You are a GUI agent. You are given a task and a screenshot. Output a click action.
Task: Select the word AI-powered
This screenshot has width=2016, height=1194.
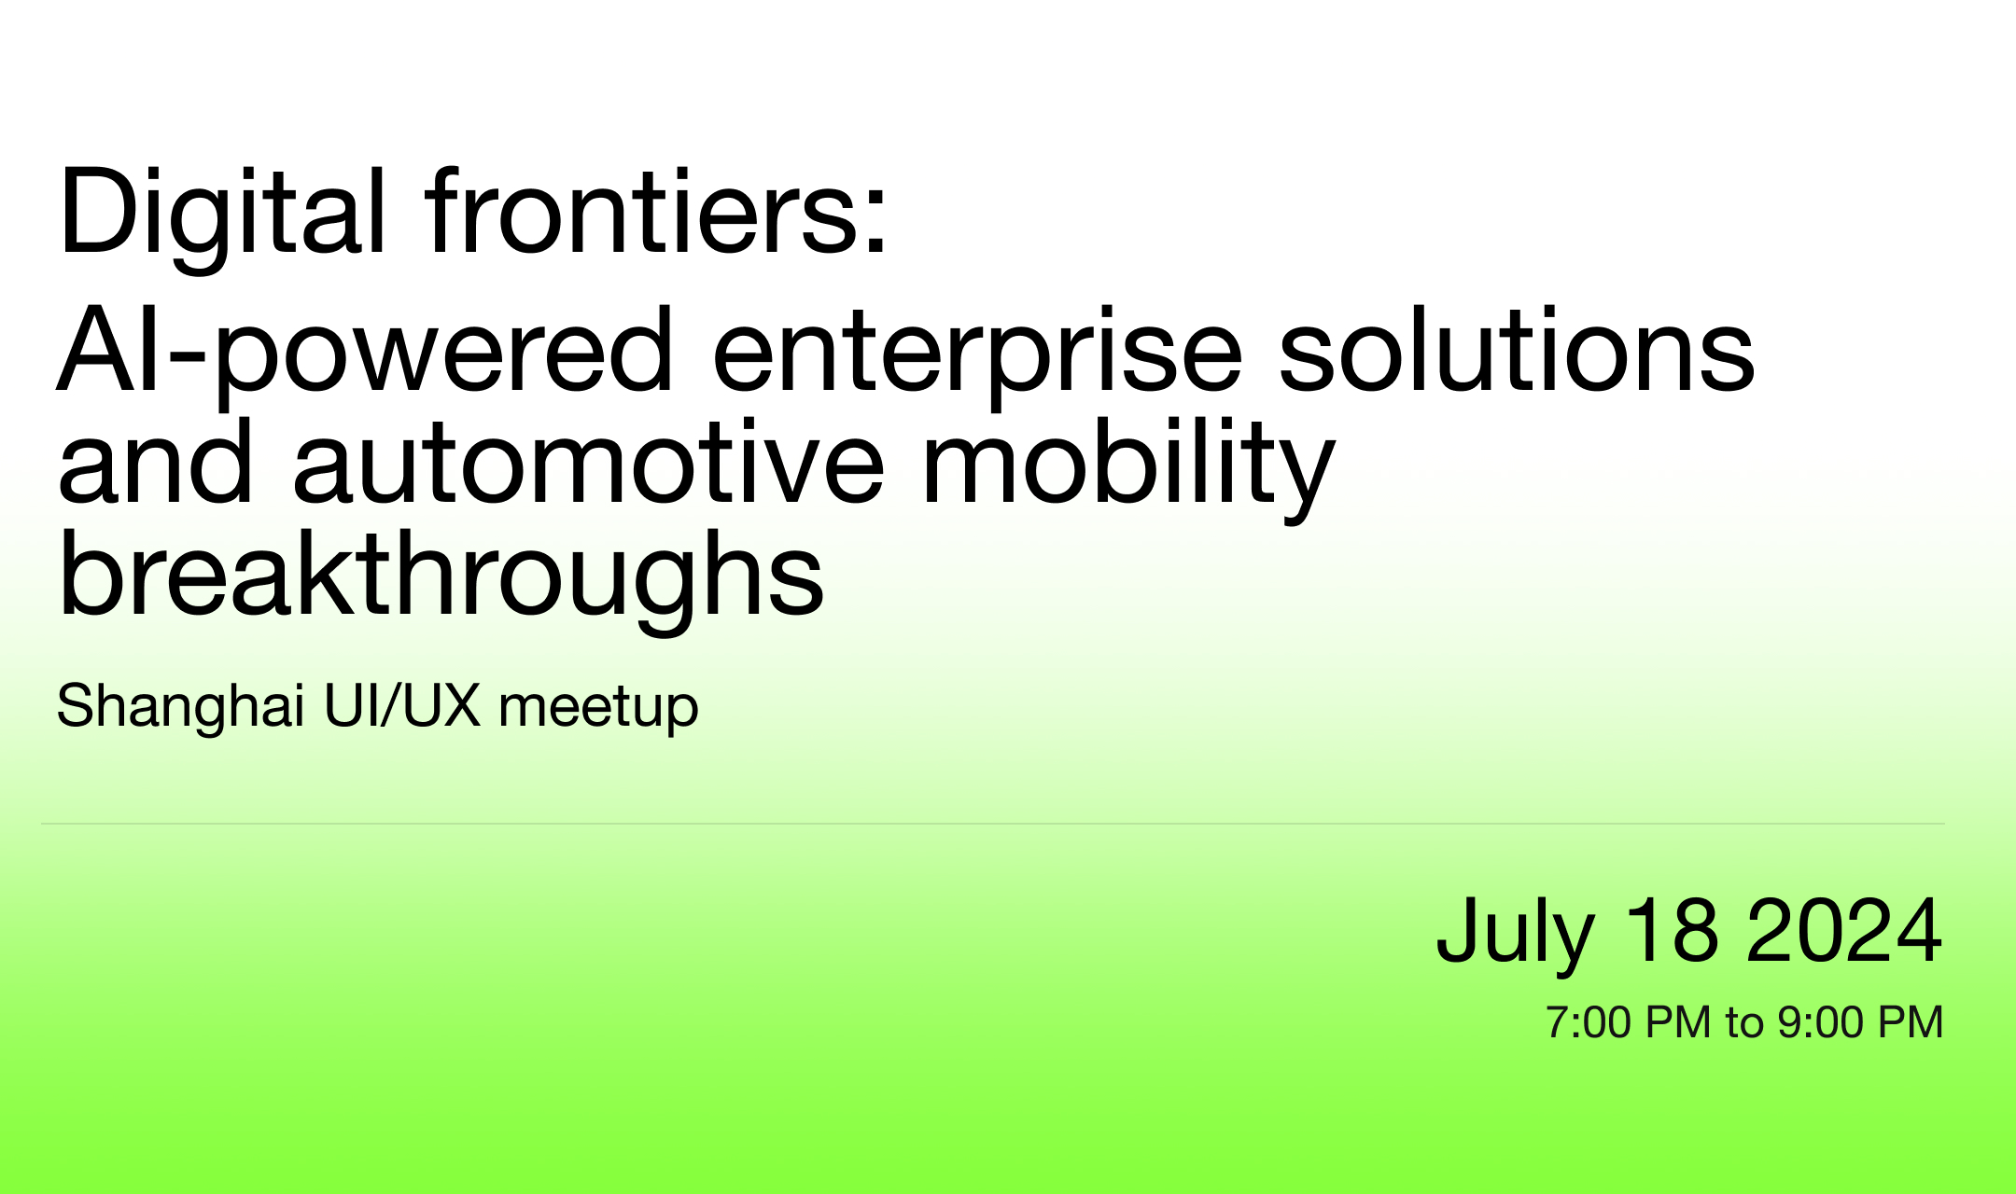(x=365, y=355)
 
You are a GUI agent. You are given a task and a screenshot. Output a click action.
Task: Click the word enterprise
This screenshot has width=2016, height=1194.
(x=977, y=355)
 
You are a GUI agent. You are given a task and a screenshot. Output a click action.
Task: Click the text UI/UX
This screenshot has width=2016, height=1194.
(x=402, y=704)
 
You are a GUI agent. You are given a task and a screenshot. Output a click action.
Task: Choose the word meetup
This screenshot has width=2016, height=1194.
(x=598, y=708)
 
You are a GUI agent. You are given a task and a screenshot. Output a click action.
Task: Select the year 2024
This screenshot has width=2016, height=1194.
(x=1844, y=929)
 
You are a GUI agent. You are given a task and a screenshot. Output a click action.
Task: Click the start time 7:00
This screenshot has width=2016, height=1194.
(x=1588, y=1022)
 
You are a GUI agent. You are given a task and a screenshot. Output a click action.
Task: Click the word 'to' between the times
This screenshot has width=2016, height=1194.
(x=1744, y=1023)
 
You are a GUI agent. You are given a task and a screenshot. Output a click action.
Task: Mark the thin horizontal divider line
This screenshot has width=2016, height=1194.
(x=993, y=824)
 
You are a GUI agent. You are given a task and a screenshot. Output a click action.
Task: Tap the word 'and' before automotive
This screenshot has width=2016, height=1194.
(x=155, y=461)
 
